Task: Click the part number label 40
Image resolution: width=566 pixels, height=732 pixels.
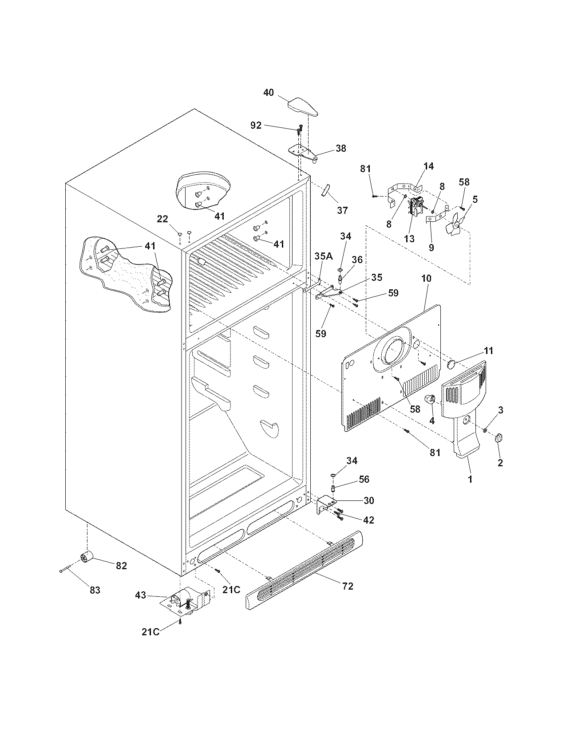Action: pyautogui.click(x=269, y=92)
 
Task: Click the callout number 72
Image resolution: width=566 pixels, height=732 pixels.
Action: pyautogui.click(x=348, y=586)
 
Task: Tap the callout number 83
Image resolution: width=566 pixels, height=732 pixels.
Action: pyautogui.click(x=95, y=590)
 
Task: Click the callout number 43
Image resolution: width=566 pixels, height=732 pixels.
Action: pyautogui.click(x=140, y=595)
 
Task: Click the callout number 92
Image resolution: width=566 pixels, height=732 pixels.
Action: pyautogui.click(x=256, y=125)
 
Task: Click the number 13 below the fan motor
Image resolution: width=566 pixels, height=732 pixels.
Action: pyautogui.click(x=409, y=238)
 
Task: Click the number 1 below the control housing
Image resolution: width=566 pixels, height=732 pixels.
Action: pyautogui.click(x=470, y=479)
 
